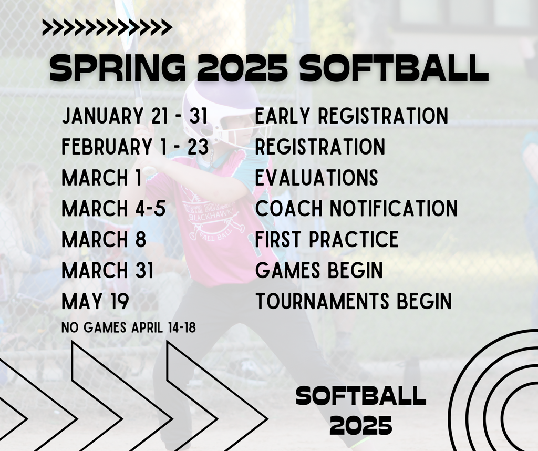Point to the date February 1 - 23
(x=135, y=147)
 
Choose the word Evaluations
(x=316, y=178)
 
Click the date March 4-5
(x=113, y=209)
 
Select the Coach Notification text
(x=356, y=209)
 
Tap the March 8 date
(x=104, y=240)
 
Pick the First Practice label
(x=327, y=240)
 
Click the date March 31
(x=108, y=271)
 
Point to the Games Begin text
(x=319, y=271)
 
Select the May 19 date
(x=95, y=302)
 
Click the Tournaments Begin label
(x=353, y=302)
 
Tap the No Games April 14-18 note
(x=129, y=328)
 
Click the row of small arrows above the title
(x=107, y=27)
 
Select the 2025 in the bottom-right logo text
(x=361, y=425)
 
